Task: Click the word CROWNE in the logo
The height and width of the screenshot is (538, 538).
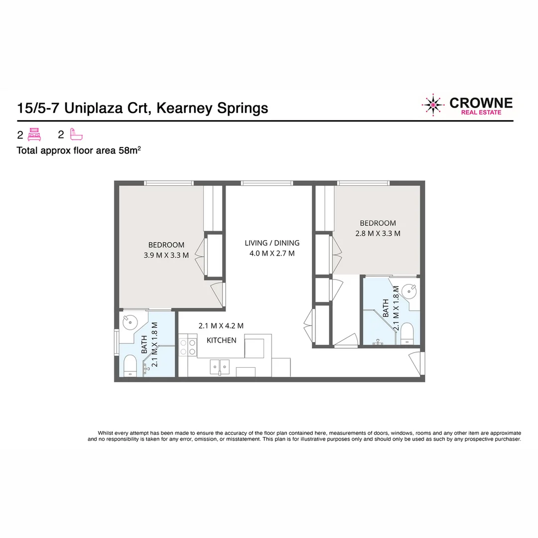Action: (481, 103)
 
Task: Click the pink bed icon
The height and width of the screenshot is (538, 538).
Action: (34, 134)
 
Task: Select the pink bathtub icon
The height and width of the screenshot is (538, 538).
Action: (76, 134)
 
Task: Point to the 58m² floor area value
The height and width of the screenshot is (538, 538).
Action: (130, 150)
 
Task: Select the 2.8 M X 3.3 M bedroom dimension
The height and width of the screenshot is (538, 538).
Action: (378, 233)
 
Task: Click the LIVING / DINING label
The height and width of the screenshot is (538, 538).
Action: (272, 243)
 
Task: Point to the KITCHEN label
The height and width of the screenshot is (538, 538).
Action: (221, 340)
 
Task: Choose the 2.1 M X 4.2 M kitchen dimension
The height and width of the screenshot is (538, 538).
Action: (221, 326)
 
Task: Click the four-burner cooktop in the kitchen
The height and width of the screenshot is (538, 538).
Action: (187, 347)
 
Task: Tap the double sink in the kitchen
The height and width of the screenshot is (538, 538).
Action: (220, 367)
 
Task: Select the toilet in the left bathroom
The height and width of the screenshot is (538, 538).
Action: (130, 366)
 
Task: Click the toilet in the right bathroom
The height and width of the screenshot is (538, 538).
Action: (407, 333)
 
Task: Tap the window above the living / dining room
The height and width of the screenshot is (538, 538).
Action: (267, 183)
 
